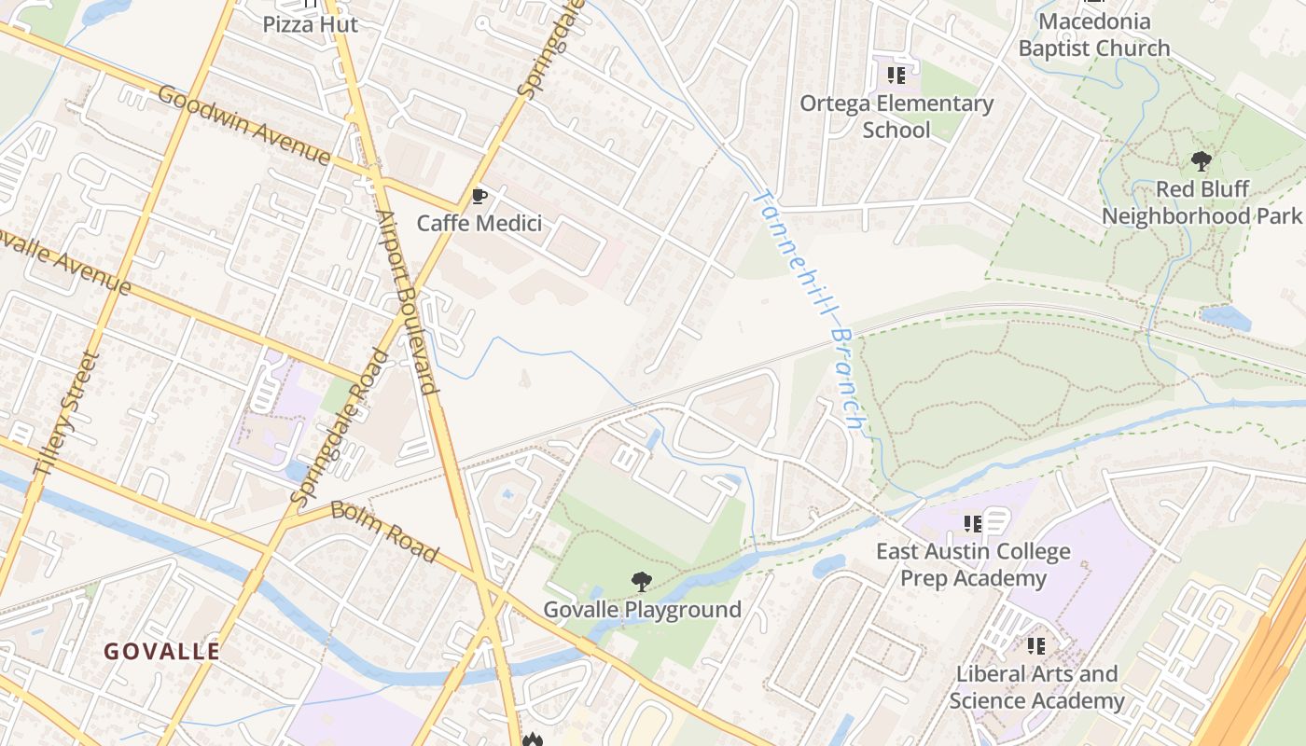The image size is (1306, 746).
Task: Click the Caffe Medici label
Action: coord(479,224)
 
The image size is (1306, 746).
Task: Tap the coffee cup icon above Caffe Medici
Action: coord(479,196)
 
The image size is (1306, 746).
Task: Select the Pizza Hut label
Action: coord(310,24)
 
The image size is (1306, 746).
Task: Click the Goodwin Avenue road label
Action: coord(243,125)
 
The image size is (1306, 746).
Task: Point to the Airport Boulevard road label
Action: coord(408,302)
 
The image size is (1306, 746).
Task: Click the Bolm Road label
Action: coord(383,532)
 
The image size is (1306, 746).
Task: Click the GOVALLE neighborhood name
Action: coord(162,651)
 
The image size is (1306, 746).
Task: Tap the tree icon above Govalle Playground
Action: coord(641,582)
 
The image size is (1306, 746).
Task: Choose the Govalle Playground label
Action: coord(643,610)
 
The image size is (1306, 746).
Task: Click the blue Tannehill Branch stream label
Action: coord(807,308)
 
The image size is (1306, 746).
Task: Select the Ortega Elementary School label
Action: coord(896,117)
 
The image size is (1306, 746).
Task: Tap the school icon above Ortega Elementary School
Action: coord(896,76)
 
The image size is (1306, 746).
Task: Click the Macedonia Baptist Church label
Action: coord(1094,35)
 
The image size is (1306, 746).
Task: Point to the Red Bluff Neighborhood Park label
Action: coord(1202,202)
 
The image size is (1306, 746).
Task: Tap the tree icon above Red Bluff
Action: coord(1202,161)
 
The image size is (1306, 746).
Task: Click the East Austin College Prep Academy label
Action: coord(973,565)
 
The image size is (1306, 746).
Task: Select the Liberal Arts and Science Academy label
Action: coord(1036,687)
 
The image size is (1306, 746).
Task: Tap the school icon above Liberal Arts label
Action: coord(1035,645)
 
